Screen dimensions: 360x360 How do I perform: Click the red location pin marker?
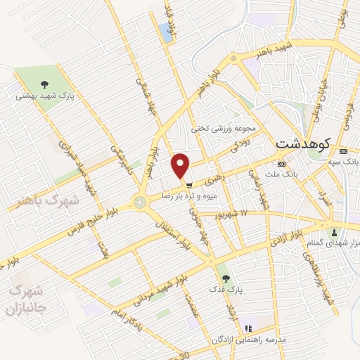181,165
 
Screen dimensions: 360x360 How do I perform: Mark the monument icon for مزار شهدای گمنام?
334,231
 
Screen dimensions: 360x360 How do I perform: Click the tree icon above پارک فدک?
225,278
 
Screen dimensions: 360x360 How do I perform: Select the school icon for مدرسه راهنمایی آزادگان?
247,328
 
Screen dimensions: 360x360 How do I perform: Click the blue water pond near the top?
166,30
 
